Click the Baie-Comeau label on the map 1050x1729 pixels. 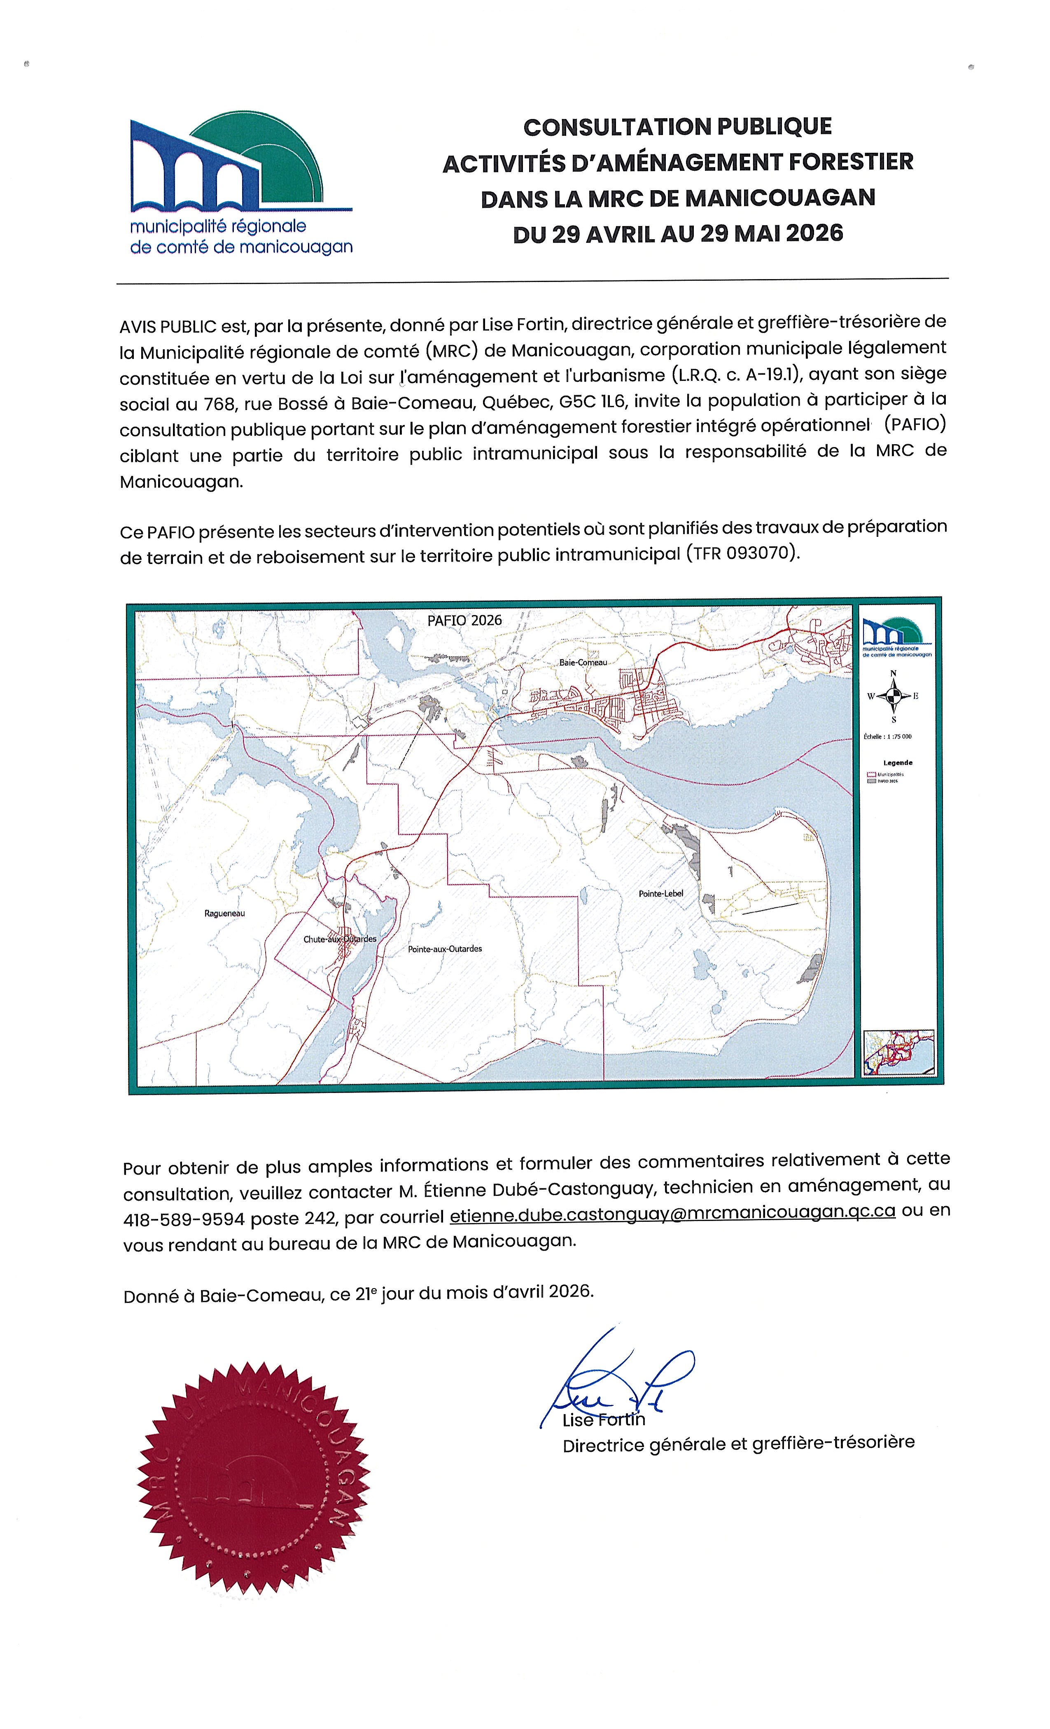pos(583,662)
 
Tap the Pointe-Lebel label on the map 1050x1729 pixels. pos(660,893)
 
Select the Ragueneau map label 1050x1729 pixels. pos(224,913)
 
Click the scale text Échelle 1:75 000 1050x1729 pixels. pos(888,737)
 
